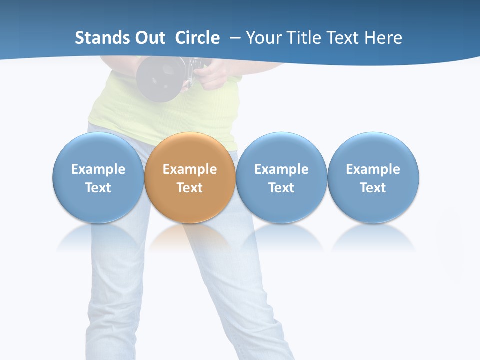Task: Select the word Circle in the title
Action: pos(197,38)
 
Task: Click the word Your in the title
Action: pos(264,38)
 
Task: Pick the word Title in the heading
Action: pos(303,38)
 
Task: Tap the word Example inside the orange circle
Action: pos(190,169)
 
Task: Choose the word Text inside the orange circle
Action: pos(190,188)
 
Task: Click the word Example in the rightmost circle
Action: pos(373,169)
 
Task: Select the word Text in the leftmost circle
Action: pos(98,188)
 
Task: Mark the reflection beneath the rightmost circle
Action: pos(373,237)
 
